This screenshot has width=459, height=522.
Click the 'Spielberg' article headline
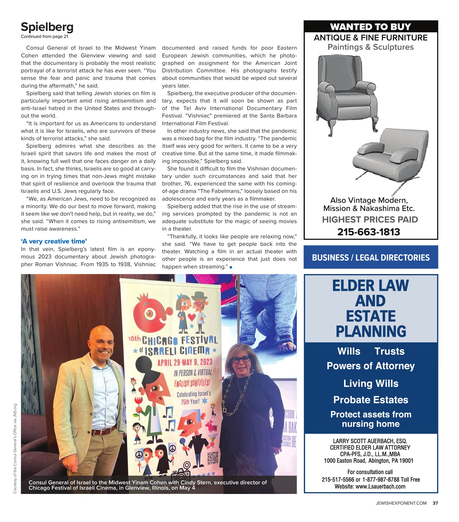point(47,27)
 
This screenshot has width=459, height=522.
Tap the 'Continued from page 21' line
point(45,37)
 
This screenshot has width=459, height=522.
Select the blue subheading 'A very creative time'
point(54,241)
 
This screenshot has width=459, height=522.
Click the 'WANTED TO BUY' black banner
point(370,27)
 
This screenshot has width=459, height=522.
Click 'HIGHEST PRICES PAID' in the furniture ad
point(370,219)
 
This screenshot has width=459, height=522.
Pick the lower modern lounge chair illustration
point(391,156)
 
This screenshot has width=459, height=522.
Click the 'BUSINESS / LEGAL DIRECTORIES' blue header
point(371,257)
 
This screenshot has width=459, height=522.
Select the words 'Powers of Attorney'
point(371,366)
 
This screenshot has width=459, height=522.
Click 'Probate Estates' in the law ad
point(371,400)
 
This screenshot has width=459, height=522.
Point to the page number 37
point(435,503)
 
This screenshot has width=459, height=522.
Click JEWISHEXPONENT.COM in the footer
point(401,503)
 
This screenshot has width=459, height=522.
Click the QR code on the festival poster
point(213,458)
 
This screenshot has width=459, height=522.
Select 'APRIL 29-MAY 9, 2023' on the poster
point(185,363)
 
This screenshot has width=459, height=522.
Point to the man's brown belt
point(103,431)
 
